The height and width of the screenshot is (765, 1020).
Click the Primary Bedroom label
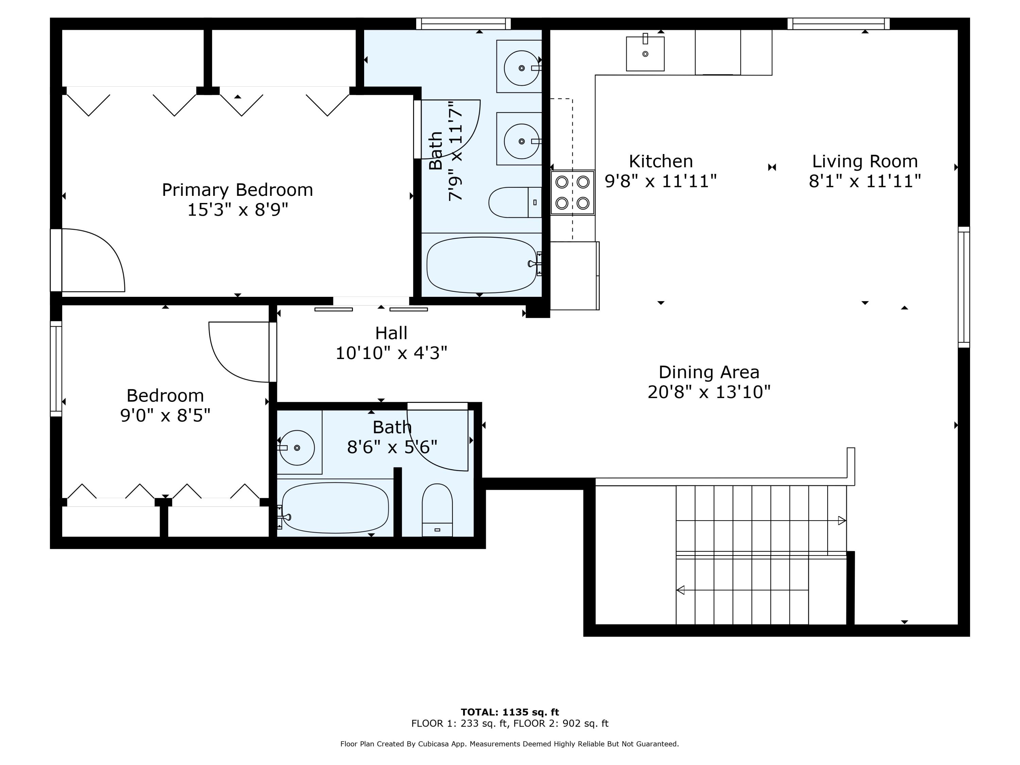click(x=237, y=190)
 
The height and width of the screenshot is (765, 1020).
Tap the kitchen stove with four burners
click(x=572, y=192)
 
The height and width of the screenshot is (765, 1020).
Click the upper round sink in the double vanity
click(x=521, y=68)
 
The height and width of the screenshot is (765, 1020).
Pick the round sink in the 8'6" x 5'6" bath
click(x=296, y=448)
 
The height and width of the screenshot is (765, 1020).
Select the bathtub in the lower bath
click(x=335, y=508)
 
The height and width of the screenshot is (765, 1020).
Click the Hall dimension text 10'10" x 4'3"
click(x=391, y=353)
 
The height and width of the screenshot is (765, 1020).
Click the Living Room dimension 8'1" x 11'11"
click(x=865, y=181)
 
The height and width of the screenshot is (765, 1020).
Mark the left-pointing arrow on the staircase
click(x=680, y=590)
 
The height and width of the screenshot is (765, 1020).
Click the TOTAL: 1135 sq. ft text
click(x=510, y=712)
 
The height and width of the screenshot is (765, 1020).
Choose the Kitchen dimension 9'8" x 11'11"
click(x=660, y=181)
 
